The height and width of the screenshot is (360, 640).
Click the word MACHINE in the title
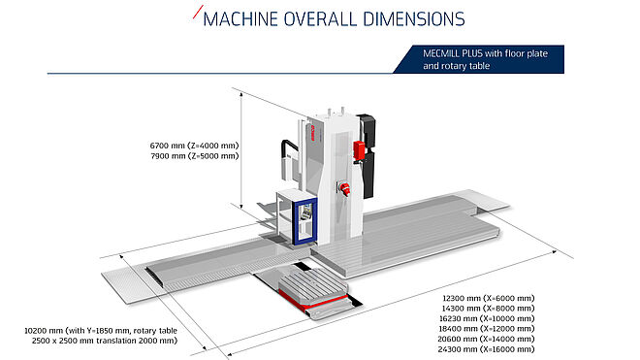click(240, 19)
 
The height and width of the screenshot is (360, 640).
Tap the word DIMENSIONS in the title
click(413, 19)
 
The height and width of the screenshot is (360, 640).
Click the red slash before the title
click(198, 12)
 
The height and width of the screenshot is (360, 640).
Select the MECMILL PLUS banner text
click(485, 59)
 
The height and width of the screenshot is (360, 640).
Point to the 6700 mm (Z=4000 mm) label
click(194, 146)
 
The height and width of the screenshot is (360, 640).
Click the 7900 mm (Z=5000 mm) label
click(194, 155)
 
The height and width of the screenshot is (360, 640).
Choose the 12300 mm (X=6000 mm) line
click(488, 298)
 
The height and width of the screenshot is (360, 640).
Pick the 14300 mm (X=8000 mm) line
click(488, 309)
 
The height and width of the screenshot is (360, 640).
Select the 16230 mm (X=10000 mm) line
click(487, 318)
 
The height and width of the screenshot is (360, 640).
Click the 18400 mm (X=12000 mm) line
click(487, 329)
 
